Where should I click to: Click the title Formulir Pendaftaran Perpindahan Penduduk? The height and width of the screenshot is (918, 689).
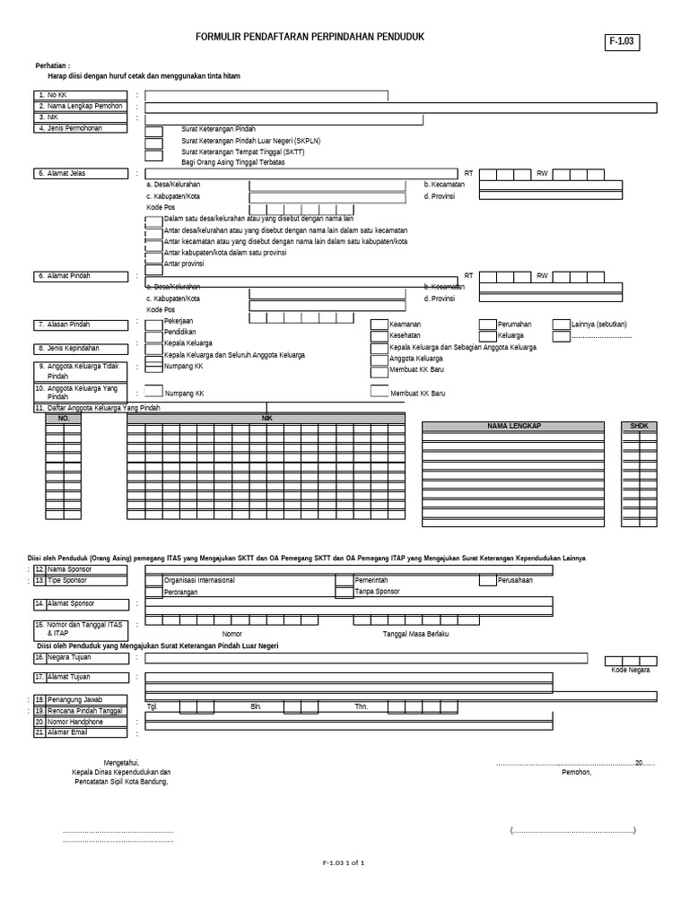310,37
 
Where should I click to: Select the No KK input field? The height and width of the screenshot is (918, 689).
266,95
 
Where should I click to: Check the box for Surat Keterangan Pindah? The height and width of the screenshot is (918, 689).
153,131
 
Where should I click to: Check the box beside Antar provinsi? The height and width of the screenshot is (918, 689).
153,264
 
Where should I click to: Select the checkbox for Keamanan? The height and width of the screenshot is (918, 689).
379,325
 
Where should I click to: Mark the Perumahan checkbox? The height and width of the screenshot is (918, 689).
487,325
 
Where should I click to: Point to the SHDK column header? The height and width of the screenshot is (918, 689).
638,427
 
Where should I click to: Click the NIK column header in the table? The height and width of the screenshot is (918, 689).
266,418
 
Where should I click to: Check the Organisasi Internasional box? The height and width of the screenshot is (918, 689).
153,580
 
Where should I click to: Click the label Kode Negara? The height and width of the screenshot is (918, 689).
631,670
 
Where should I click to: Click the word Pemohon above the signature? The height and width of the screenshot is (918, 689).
576,772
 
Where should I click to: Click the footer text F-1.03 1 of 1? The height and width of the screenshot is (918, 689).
344,862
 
